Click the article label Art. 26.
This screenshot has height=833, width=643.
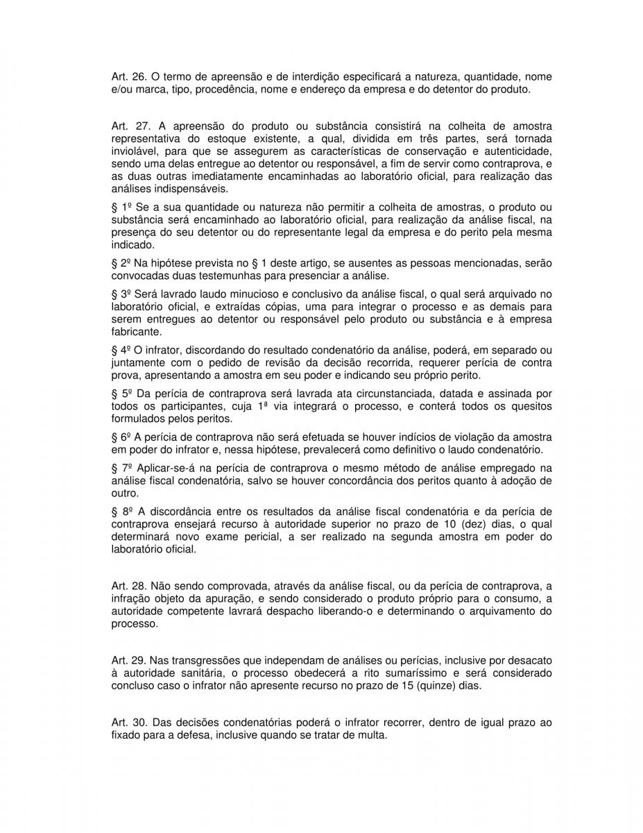coord(126,78)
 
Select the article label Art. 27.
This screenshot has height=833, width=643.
coord(126,126)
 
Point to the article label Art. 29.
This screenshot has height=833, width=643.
coord(126,660)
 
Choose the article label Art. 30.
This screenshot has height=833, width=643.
coord(126,723)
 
